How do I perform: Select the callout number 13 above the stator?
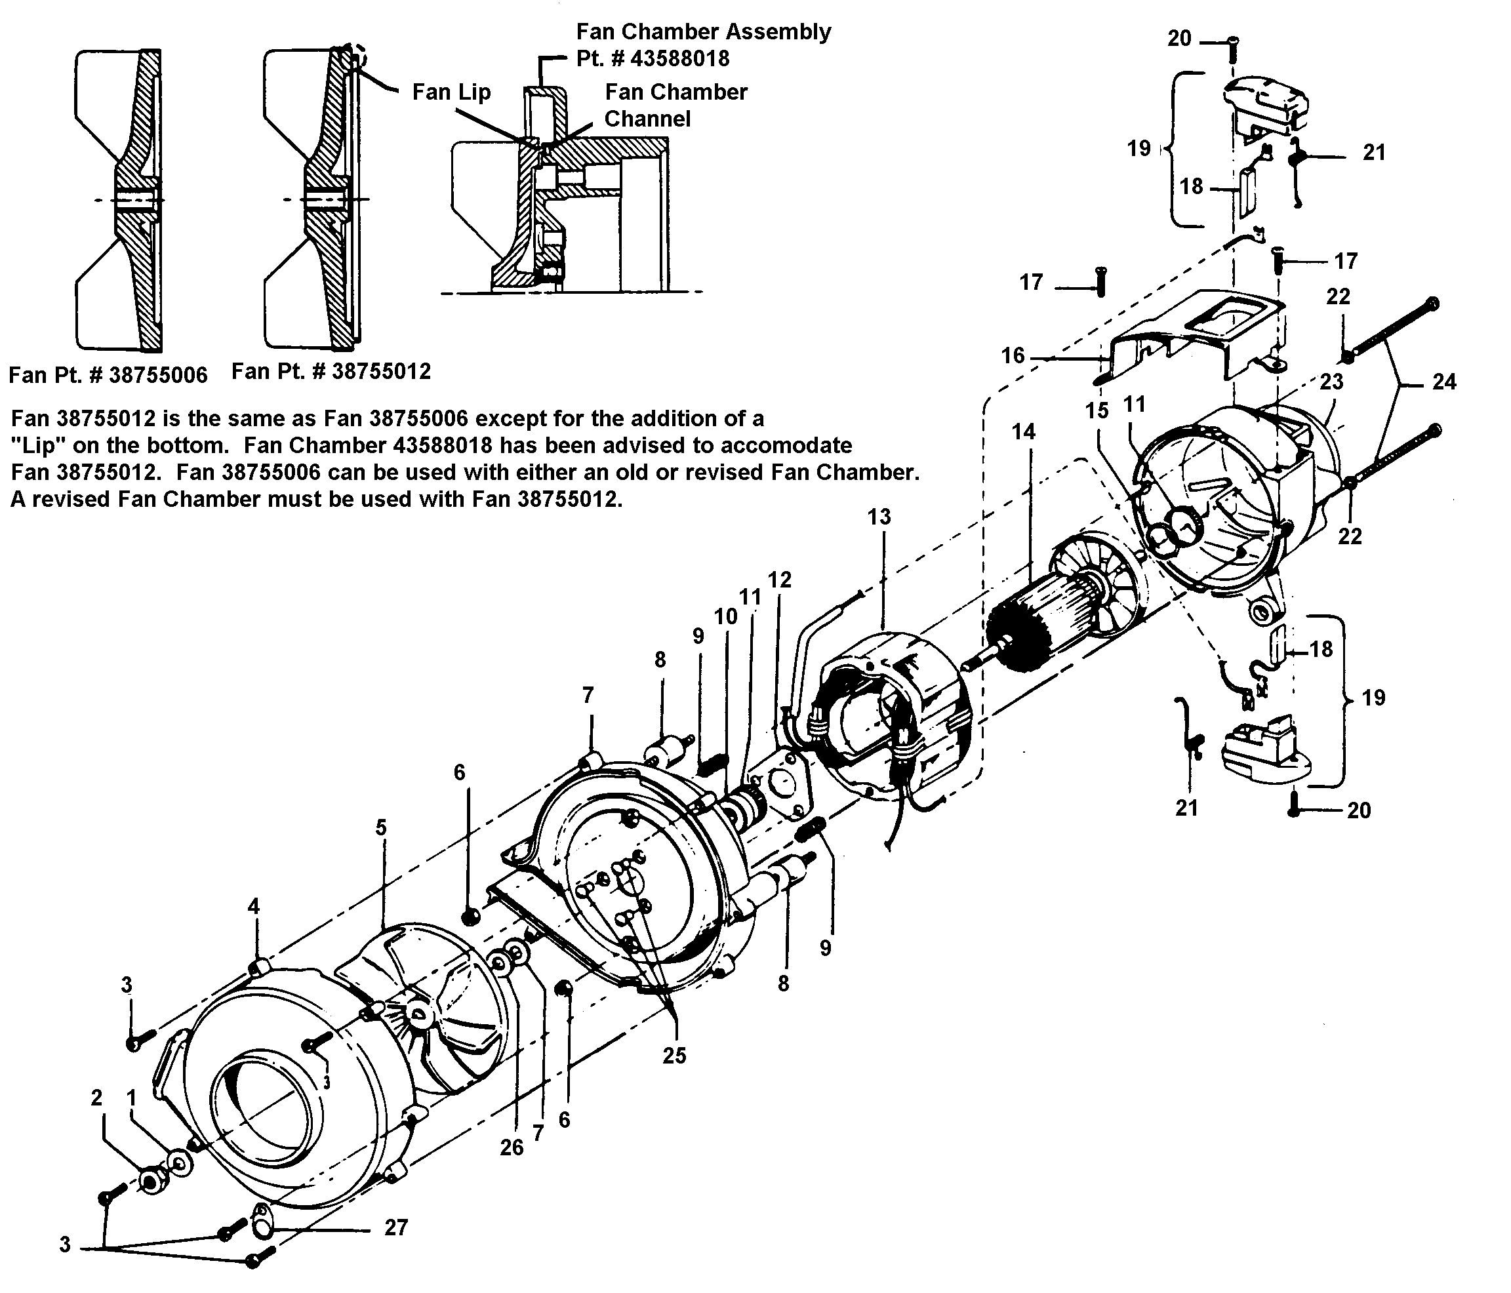tap(879, 517)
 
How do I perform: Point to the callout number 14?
tap(1023, 431)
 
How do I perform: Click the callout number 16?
tap(1013, 356)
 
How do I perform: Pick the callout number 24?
tap(1444, 382)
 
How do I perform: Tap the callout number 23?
tap(1331, 382)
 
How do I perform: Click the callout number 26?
tap(512, 1148)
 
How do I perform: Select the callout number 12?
tap(780, 579)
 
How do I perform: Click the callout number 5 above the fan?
tap(380, 827)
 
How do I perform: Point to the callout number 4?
tap(253, 907)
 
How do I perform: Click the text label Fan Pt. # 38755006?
tap(108, 375)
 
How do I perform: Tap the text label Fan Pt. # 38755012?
tap(331, 371)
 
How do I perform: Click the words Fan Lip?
tap(451, 92)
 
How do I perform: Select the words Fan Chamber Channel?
tap(675, 105)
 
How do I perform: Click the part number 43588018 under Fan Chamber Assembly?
tap(679, 58)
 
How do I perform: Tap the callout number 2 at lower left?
tap(97, 1098)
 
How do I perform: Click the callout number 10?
tap(725, 616)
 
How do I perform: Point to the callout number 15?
tap(1097, 410)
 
